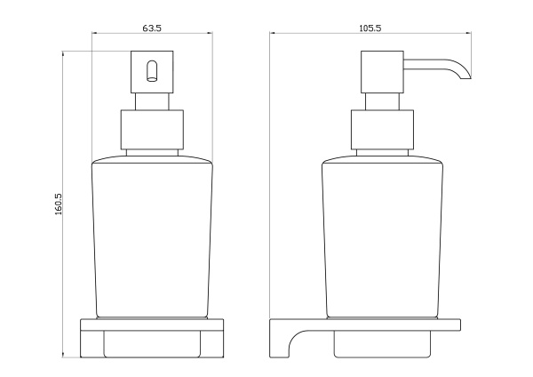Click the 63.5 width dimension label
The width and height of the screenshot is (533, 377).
click(x=152, y=28)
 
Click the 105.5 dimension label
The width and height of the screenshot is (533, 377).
click(x=370, y=28)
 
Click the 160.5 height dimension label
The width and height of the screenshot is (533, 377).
click(x=58, y=205)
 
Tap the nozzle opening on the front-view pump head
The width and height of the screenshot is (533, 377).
click(x=152, y=71)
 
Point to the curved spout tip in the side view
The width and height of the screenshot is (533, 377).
click(x=465, y=76)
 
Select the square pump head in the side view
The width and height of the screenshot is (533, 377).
click(x=382, y=72)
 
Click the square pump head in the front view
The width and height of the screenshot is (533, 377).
click(x=152, y=72)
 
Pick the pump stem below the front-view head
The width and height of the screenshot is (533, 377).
click(x=152, y=101)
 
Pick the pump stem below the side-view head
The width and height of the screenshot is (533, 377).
click(x=382, y=101)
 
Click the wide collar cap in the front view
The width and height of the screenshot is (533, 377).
click(x=152, y=130)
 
